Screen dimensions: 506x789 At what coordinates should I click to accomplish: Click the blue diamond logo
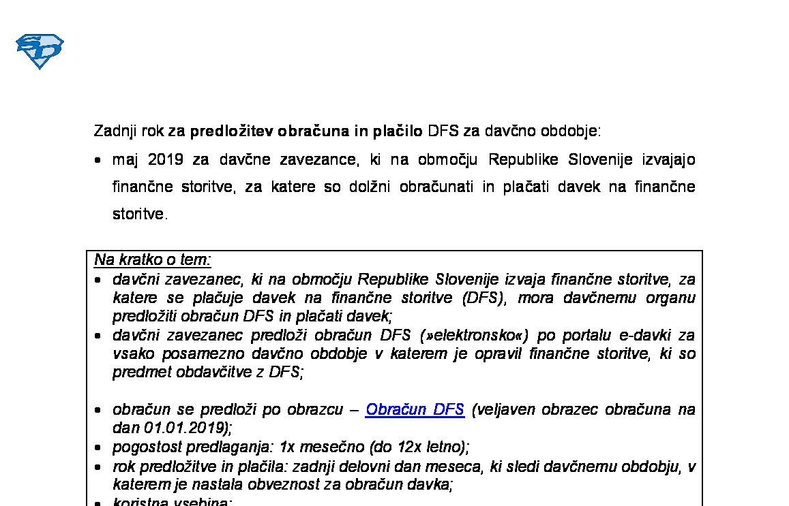pyautogui.click(x=40, y=51)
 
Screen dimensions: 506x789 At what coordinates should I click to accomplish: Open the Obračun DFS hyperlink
pyautogui.click(x=415, y=410)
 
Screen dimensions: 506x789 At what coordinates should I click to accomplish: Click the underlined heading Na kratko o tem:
pyautogui.click(x=153, y=259)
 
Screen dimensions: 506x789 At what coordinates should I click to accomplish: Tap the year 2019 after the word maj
pyautogui.click(x=165, y=160)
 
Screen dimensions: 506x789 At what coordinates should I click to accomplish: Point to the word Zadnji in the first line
pyautogui.click(x=116, y=131)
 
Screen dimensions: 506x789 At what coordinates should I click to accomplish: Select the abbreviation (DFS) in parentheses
pyautogui.click(x=483, y=298)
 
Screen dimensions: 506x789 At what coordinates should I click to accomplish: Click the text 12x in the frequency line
pyautogui.click(x=410, y=447)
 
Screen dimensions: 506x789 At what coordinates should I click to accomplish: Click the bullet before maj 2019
pyautogui.click(x=99, y=161)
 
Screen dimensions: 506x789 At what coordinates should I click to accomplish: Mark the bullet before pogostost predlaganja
pyautogui.click(x=99, y=448)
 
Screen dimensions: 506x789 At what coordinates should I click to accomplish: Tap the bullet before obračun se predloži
pyautogui.click(x=99, y=411)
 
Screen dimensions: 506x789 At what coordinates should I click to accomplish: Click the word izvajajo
pyautogui.click(x=668, y=160)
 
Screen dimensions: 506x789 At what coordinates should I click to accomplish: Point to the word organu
pyautogui.click(x=671, y=298)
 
